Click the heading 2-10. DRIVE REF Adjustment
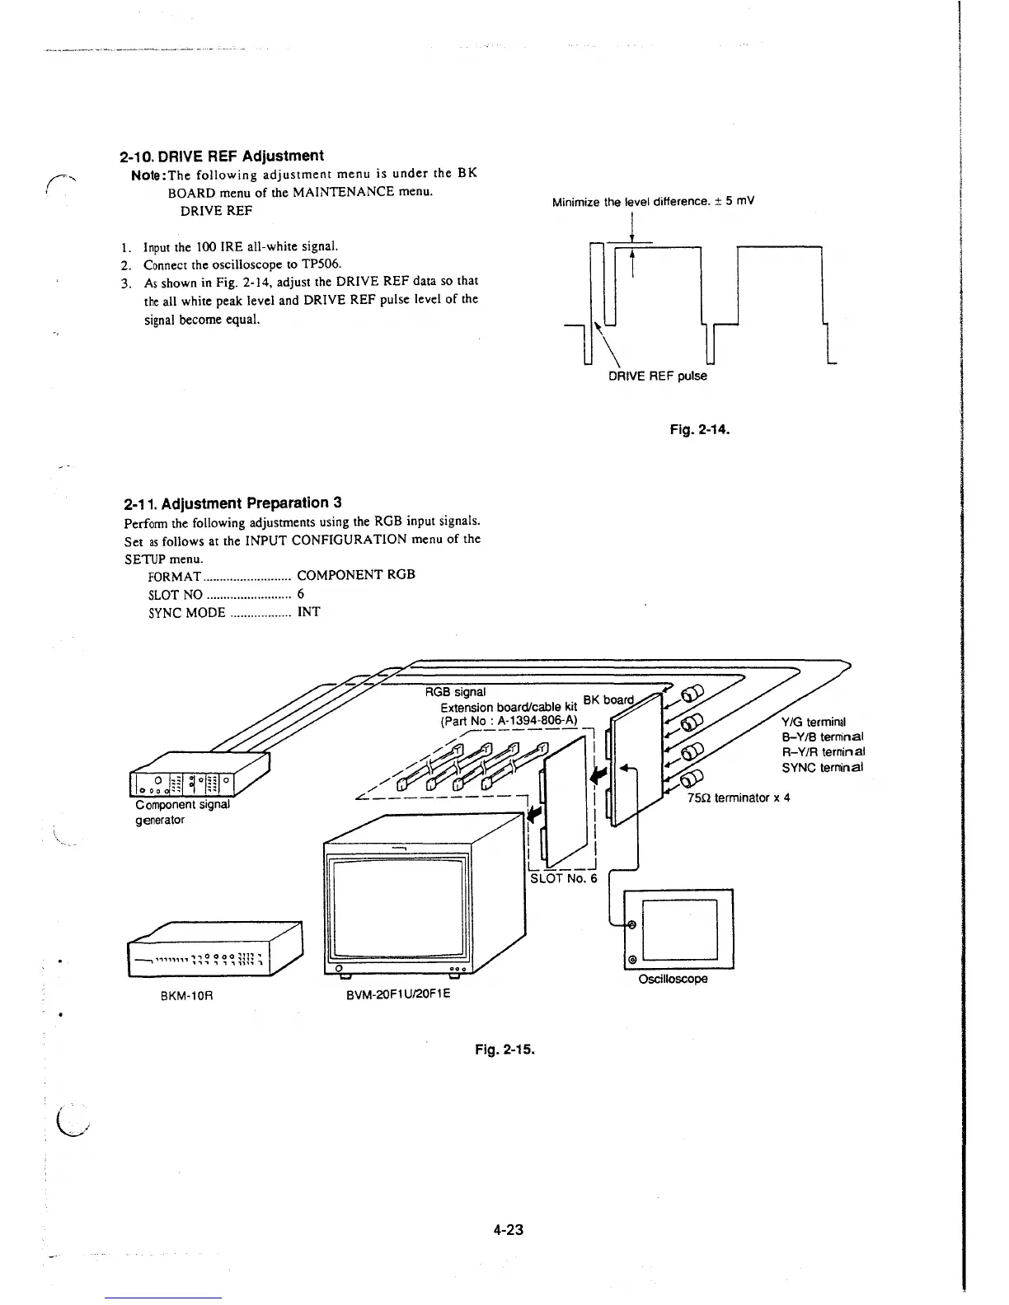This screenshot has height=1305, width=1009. click(222, 156)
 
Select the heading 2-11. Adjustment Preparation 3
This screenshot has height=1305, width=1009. click(232, 503)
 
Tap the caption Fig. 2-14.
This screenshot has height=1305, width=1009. click(701, 429)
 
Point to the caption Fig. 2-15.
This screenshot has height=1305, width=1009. click(505, 1050)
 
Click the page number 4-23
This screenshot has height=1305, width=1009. click(509, 1230)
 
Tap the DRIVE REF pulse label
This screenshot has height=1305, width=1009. click(657, 377)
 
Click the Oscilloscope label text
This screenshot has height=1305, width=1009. click(673, 979)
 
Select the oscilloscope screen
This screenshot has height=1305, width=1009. click(680, 929)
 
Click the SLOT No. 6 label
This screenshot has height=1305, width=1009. click(563, 877)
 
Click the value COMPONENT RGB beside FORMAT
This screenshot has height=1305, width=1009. click(355, 574)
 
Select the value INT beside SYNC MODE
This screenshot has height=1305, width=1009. click(308, 612)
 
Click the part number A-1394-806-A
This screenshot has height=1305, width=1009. click(536, 720)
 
